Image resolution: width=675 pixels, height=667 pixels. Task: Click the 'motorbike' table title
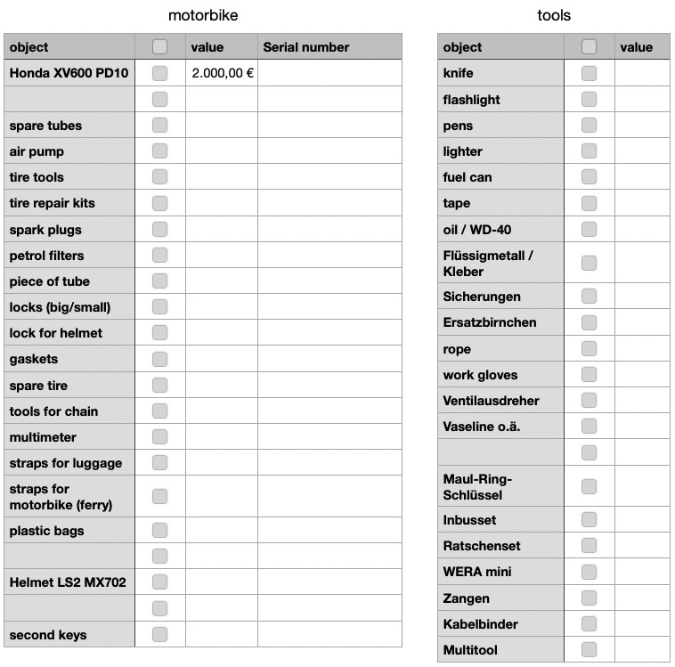[x=203, y=15]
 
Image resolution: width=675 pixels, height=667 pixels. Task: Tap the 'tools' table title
[x=554, y=15]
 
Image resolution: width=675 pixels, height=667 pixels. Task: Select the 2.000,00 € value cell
[x=222, y=73]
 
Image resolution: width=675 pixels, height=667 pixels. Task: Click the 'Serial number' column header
[x=306, y=47]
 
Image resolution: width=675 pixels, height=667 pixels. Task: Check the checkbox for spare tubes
[x=159, y=126]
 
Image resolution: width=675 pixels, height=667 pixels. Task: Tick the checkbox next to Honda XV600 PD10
[x=159, y=73]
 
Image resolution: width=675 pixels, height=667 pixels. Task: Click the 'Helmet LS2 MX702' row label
[x=68, y=582]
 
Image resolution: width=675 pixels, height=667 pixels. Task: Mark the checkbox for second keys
[x=159, y=635]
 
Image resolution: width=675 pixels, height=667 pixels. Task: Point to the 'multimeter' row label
[x=43, y=437]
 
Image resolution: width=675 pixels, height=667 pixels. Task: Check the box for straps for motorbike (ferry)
[x=159, y=496]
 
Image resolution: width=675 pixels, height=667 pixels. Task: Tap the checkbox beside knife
[x=589, y=73]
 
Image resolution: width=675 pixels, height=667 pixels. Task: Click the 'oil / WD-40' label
[x=477, y=230]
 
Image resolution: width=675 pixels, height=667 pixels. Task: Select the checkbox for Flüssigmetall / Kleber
[x=589, y=263]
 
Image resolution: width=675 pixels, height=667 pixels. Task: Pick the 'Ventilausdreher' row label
[x=491, y=401]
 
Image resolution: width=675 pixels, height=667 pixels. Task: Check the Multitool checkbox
[x=589, y=649]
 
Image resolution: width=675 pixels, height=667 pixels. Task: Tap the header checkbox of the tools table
[x=589, y=47]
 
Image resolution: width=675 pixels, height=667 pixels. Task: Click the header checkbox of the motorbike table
[x=159, y=47]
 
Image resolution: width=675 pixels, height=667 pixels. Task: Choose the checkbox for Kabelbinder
[x=589, y=623]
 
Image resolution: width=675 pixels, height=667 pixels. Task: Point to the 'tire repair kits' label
[x=52, y=203]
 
